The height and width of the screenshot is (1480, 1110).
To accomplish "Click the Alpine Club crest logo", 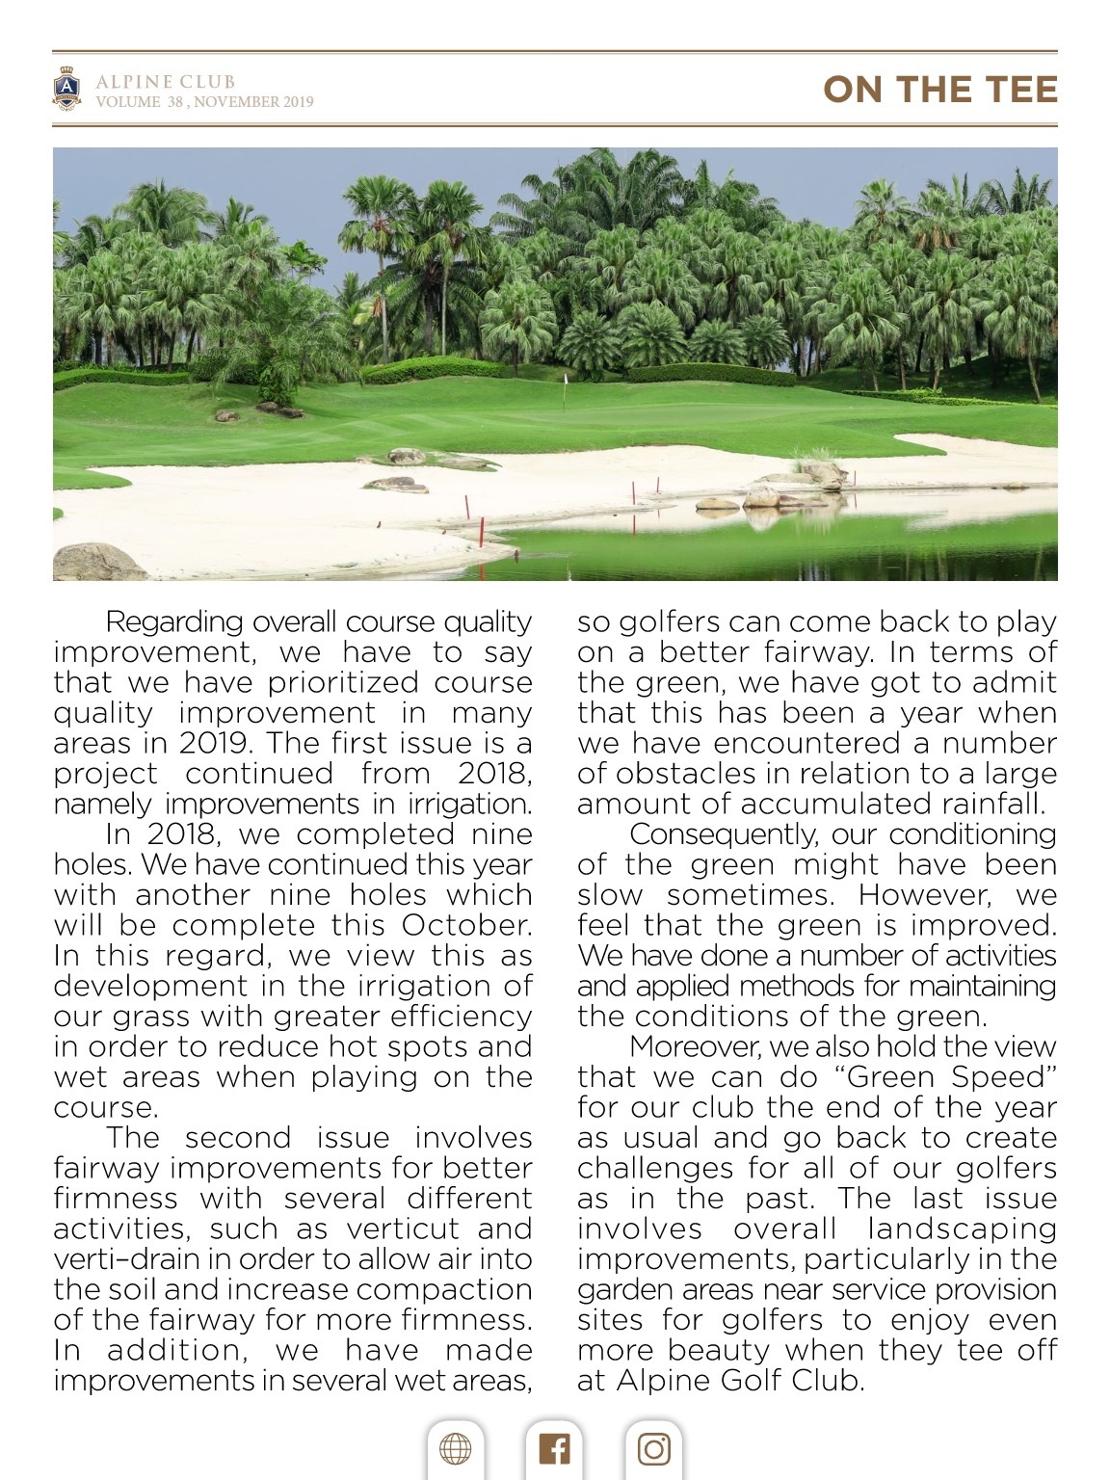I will click(66, 89).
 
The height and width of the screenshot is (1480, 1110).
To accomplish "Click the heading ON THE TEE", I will click(939, 90).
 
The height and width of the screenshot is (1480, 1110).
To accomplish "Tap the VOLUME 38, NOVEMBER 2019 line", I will click(204, 102).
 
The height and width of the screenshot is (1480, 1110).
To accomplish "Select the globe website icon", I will click(456, 1448).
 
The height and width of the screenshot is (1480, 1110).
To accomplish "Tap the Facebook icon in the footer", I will click(554, 1448).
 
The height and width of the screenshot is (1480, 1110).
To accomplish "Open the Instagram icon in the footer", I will click(653, 1448).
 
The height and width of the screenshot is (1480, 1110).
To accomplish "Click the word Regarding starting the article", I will click(173, 622).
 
